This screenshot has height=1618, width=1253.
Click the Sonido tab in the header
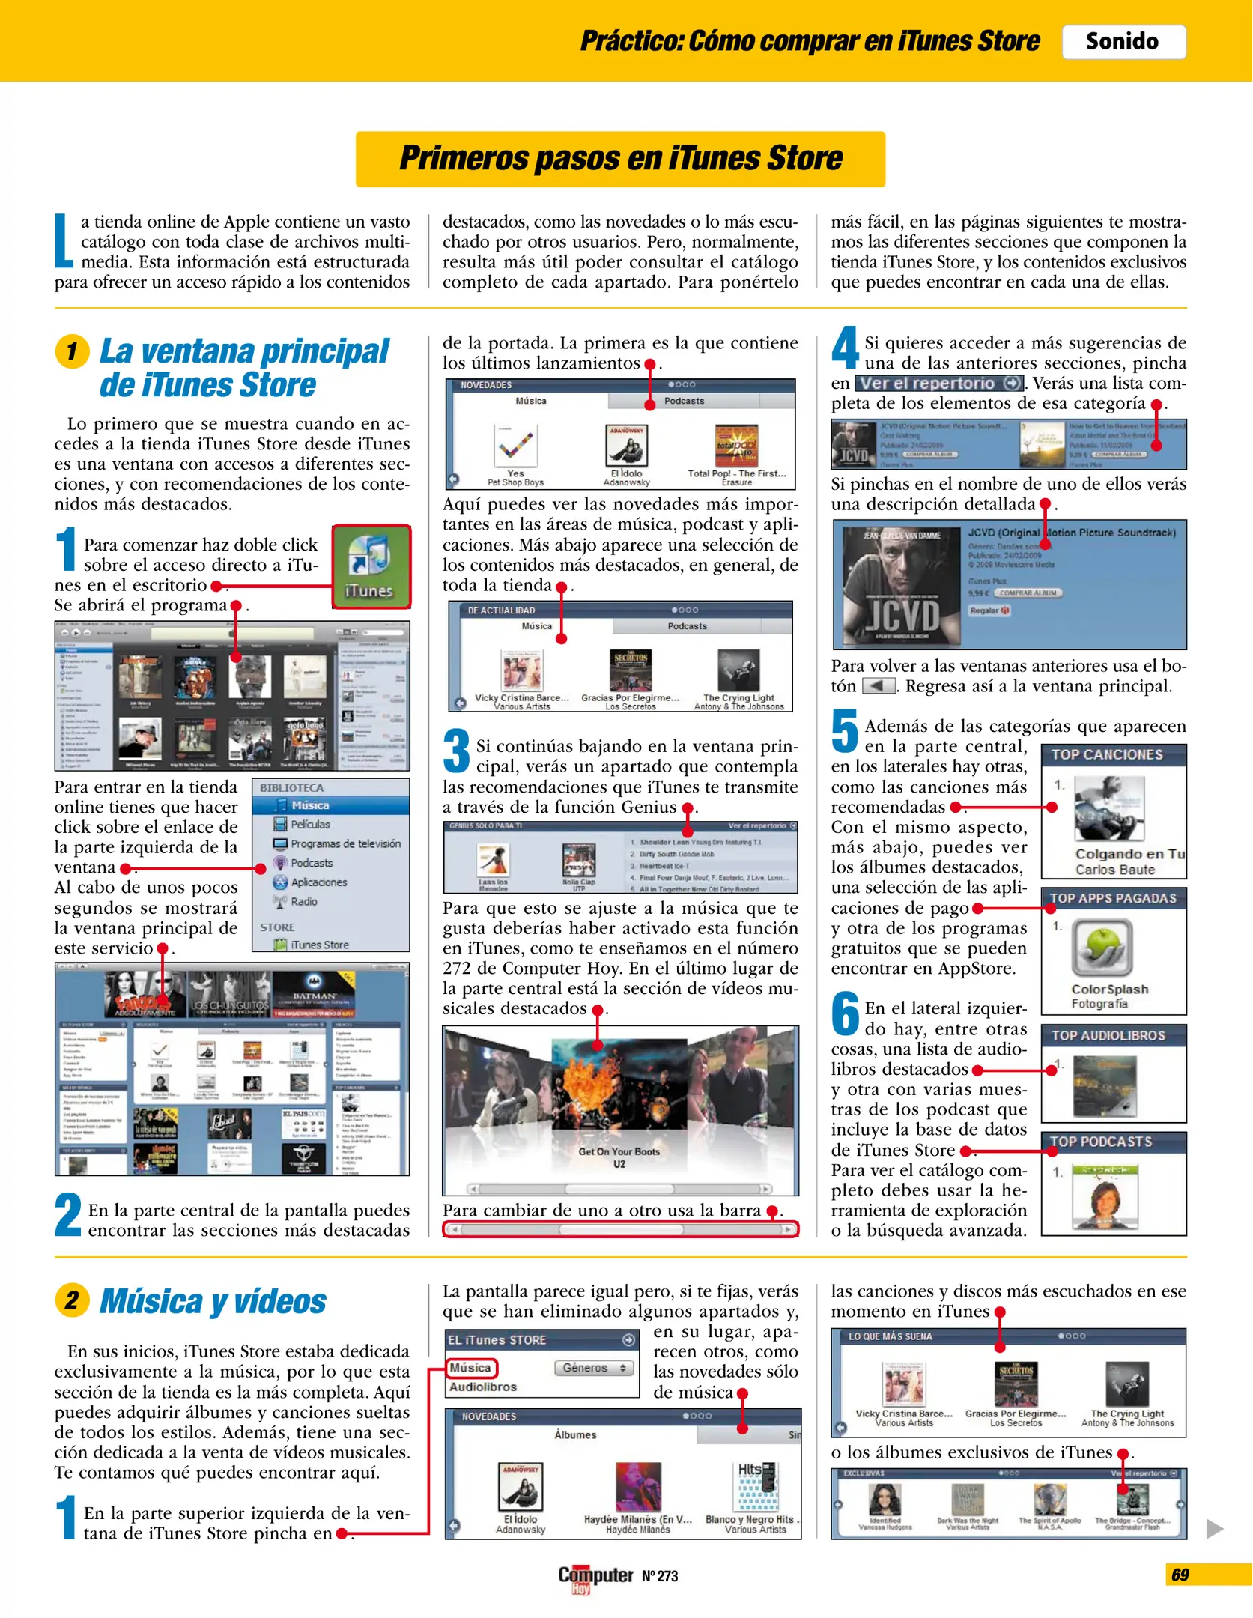point(1123,41)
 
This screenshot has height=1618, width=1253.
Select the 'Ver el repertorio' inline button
point(939,383)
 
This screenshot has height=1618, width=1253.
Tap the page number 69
point(1180,1575)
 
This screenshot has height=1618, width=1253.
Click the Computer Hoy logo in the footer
point(595,1576)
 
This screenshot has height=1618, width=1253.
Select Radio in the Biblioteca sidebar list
point(303,901)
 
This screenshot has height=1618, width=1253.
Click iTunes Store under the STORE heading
point(319,945)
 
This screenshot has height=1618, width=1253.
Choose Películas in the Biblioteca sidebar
point(309,824)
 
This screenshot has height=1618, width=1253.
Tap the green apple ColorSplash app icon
point(1102,947)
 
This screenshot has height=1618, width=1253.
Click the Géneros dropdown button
point(593,1368)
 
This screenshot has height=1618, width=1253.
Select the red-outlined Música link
point(470,1368)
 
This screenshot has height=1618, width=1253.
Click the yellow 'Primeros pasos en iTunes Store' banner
point(620,159)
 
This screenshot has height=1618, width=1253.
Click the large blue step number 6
point(846,1013)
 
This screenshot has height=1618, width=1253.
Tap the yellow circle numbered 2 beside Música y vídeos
point(72,1300)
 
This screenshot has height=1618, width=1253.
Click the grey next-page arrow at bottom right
point(1214,1529)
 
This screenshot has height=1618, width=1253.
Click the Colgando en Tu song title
point(1129,854)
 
